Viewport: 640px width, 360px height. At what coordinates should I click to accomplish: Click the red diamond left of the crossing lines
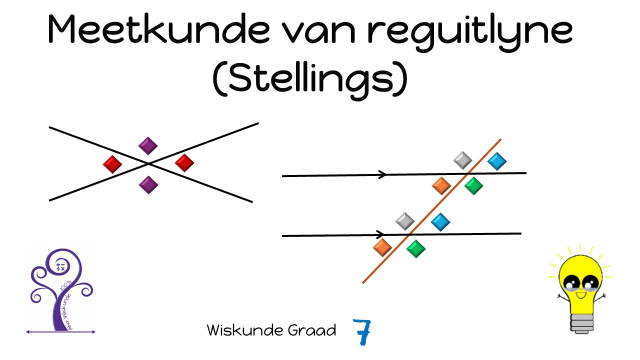tap(112, 164)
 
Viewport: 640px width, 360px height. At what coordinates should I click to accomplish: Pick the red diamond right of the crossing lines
tap(184, 162)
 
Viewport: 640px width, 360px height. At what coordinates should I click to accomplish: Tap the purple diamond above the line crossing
tap(148, 146)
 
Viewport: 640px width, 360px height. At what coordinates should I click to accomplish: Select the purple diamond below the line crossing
tap(148, 184)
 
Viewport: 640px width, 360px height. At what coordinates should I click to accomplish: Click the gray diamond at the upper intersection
tap(462, 160)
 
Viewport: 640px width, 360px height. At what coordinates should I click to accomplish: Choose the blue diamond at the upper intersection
tap(496, 161)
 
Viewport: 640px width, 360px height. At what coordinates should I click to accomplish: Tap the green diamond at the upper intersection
tap(473, 186)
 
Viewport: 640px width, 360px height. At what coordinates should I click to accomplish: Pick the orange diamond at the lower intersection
tap(382, 247)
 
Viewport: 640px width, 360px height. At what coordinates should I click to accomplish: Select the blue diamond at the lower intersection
tap(440, 221)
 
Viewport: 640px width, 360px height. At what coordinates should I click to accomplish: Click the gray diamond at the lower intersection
tap(404, 221)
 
